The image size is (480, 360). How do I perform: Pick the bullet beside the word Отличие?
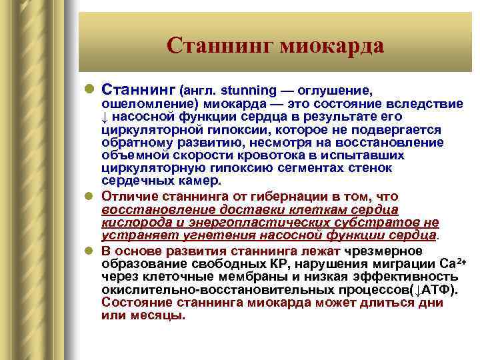91,197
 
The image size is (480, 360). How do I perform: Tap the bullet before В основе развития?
91,251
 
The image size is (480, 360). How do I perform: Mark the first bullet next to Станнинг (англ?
91,89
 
